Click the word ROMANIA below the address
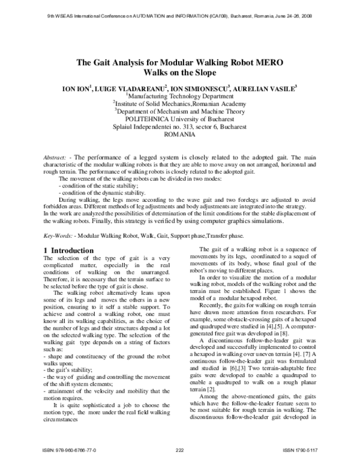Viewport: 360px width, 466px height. (180, 135)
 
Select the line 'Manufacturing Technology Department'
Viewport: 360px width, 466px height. (180, 96)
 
